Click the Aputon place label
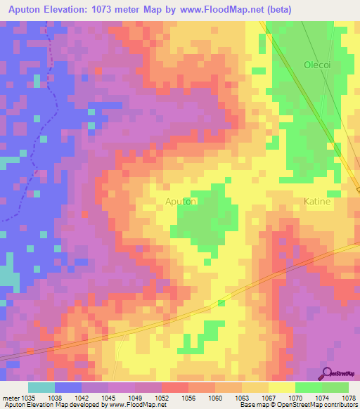180,201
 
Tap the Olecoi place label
316,65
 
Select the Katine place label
316,201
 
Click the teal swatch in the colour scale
41,387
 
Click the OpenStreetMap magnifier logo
327,373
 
